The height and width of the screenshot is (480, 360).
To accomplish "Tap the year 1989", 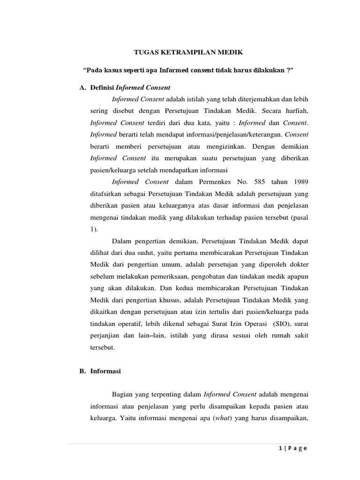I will (300, 181).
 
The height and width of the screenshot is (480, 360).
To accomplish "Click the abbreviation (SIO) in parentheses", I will (284, 323).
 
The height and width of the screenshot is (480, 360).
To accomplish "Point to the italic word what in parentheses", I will (219, 418).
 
